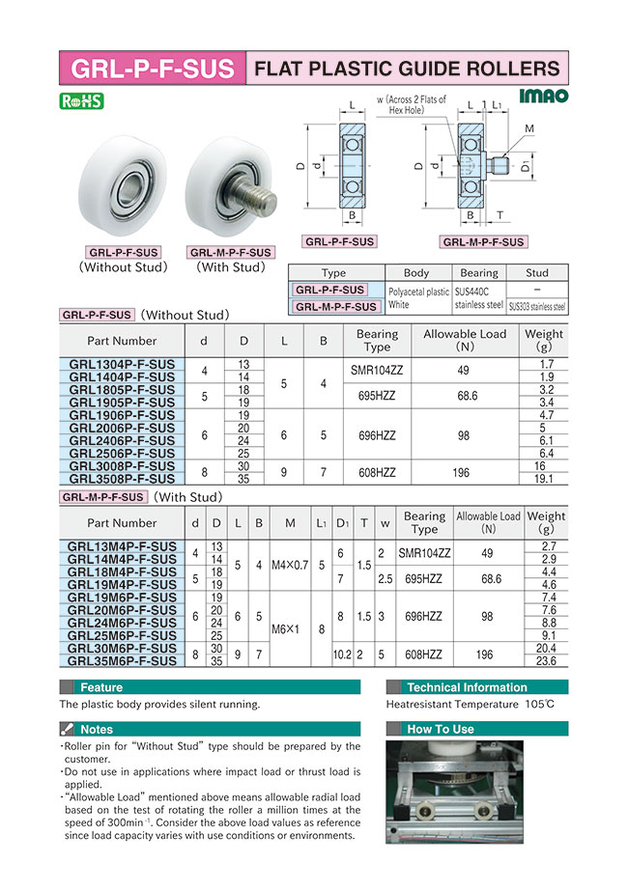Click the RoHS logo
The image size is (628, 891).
click(81, 101)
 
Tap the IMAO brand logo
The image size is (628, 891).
click(543, 97)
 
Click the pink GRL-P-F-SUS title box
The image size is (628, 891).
click(153, 69)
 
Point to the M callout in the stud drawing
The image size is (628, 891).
click(529, 128)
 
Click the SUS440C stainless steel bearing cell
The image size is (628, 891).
click(478, 298)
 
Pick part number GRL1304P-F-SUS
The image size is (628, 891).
click(122, 364)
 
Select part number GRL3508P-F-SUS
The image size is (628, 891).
click(122, 479)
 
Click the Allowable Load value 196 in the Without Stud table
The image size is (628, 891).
click(464, 473)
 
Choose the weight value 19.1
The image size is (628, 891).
click(544, 479)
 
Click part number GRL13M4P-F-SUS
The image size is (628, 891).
click(122, 546)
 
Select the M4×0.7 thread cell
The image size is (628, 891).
click(290, 566)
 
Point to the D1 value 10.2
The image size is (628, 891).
click(342, 654)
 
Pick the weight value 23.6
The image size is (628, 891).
click(546, 661)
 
